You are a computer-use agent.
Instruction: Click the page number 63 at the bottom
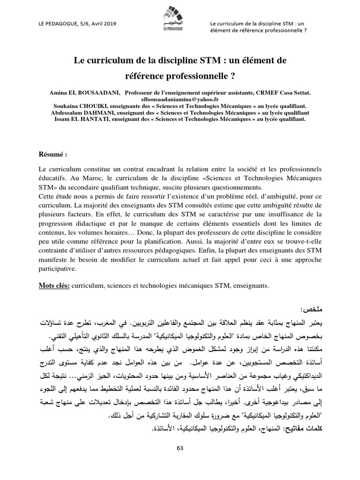click(x=180, y=448)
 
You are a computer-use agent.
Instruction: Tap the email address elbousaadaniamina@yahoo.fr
click(x=180, y=99)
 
